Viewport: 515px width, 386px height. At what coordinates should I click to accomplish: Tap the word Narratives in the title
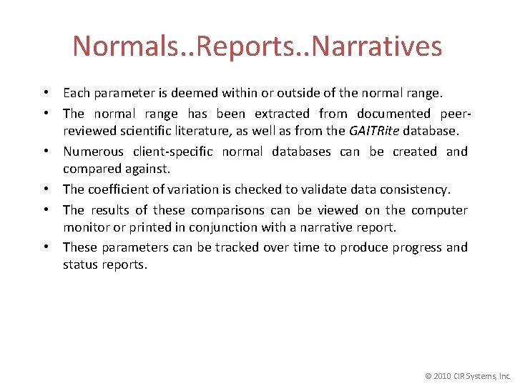pyautogui.click(x=378, y=46)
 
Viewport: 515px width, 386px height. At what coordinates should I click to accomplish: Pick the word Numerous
pyautogui.click(x=93, y=152)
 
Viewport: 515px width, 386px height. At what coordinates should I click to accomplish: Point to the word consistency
pyautogui.click(x=417, y=189)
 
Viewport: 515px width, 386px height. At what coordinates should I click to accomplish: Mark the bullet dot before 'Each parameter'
pyautogui.click(x=46, y=93)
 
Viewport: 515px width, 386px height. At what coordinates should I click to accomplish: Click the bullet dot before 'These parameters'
pyautogui.click(x=46, y=247)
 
